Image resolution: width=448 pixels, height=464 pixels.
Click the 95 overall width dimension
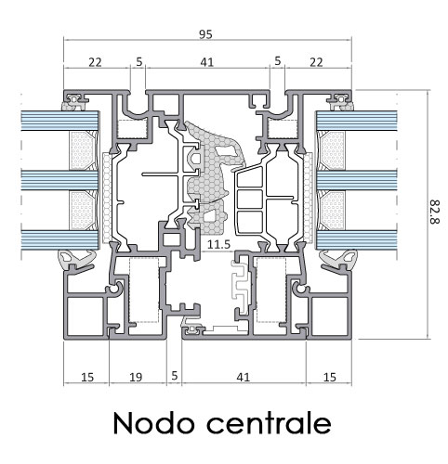click(x=205, y=34)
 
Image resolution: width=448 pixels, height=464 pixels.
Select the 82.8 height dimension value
click(x=435, y=212)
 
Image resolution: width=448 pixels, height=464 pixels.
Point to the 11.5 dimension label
click(x=218, y=244)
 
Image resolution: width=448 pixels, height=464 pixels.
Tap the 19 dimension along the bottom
click(x=136, y=377)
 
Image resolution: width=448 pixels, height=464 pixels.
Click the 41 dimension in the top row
click(x=207, y=62)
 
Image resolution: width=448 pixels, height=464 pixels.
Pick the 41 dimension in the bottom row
click(x=243, y=377)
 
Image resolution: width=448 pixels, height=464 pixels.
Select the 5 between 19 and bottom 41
click(x=175, y=376)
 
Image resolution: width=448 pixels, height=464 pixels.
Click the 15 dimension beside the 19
click(x=87, y=377)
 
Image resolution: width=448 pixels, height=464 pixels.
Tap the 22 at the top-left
click(x=95, y=62)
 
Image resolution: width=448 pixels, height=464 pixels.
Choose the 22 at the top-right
click(x=316, y=62)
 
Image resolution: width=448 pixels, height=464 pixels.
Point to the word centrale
click(x=269, y=422)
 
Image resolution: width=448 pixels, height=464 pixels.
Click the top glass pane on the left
click(x=59, y=121)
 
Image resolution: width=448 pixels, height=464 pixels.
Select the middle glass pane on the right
click(x=357, y=180)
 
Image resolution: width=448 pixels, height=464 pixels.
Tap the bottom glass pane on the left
click(x=59, y=239)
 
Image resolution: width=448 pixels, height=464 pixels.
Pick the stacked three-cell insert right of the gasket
click(x=250, y=201)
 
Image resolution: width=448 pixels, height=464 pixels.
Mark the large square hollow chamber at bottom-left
click(x=86, y=316)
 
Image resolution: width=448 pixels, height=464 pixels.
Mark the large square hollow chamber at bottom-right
click(x=330, y=316)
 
